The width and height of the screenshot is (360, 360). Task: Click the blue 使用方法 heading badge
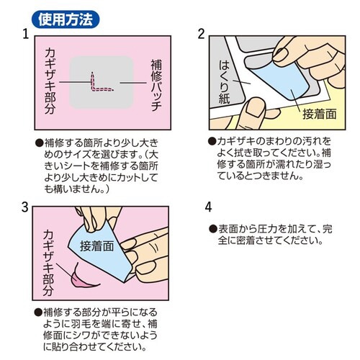point(66,19)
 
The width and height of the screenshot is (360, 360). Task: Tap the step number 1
point(26,34)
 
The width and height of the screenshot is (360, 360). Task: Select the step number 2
point(202,34)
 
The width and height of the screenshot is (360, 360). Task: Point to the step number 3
point(25,207)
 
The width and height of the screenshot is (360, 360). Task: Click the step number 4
point(208,207)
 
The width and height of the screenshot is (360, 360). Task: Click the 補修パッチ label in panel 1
point(156,86)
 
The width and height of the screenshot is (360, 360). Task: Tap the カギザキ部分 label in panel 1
point(50,81)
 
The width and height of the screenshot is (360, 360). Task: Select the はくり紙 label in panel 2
point(224,82)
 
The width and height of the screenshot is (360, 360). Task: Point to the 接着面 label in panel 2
point(320,114)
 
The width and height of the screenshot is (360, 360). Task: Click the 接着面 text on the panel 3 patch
point(97,246)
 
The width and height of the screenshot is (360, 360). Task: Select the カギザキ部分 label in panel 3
point(48,263)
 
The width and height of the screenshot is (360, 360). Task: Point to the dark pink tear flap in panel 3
point(84,279)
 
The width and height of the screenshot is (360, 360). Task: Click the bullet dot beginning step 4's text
point(212,229)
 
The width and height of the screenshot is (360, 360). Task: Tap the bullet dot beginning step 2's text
point(212,141)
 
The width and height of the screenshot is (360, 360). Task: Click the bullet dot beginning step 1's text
point(39,143)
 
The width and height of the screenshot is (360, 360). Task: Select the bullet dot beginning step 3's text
point(38,312)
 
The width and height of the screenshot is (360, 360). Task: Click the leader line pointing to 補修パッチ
point(133,83)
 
